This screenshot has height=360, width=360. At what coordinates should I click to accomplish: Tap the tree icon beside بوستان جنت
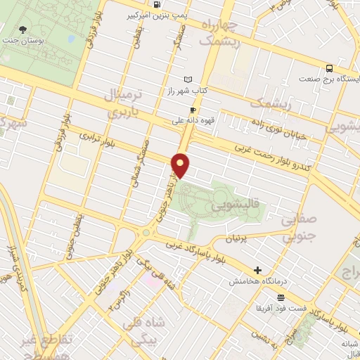point(23,30)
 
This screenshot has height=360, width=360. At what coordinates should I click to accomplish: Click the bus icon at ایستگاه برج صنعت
point(329,68)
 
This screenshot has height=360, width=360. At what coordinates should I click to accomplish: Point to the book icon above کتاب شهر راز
point(186,79)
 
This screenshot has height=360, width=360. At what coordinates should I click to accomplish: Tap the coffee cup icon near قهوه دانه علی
point(192,110)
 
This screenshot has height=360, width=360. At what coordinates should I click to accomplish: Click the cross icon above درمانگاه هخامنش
point(258,270)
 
